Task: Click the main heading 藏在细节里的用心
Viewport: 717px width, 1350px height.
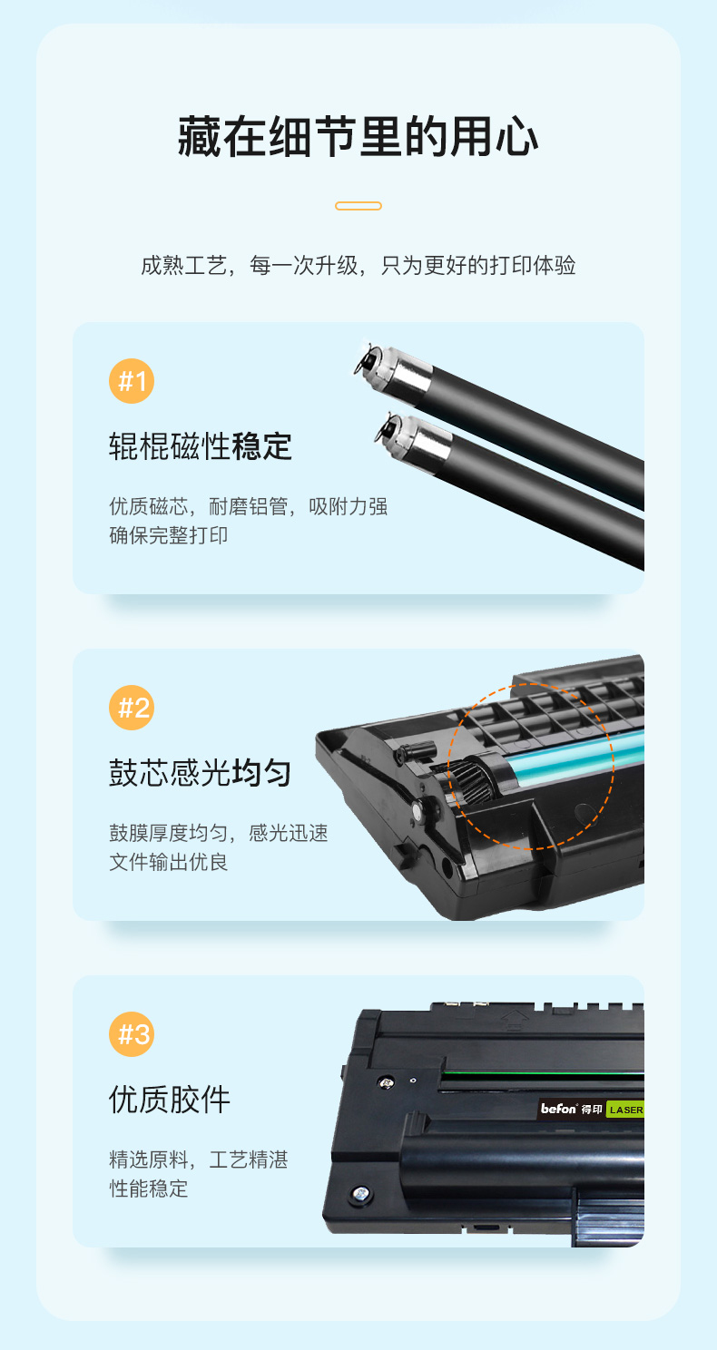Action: (358, 137)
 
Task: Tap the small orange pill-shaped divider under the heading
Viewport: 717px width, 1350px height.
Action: (358, 206)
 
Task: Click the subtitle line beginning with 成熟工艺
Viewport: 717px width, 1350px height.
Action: (358, 265)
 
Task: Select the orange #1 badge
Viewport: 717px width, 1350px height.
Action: (132, 381)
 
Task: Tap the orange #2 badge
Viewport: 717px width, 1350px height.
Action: (132, 708)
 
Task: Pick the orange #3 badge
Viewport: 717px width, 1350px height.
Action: (132, 1034)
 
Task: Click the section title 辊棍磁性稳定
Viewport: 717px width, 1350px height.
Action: (201, 446)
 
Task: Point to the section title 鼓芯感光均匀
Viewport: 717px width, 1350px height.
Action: (201, 773)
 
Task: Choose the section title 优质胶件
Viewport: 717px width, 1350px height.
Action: (170, 1100)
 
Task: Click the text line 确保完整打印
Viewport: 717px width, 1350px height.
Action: (168, 535)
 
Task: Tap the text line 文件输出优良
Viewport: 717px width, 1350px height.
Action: (168, 862)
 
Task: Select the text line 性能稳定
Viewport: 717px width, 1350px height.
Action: (148, 1189)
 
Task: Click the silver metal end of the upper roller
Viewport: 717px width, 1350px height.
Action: (400, 368)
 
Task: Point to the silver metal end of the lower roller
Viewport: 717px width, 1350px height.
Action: (420, 437)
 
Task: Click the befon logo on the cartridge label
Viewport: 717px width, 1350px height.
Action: (558, 1109)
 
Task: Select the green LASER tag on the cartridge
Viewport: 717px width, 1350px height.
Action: (625, 1110)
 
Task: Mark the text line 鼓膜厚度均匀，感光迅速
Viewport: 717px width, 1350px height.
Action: (219, 833)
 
